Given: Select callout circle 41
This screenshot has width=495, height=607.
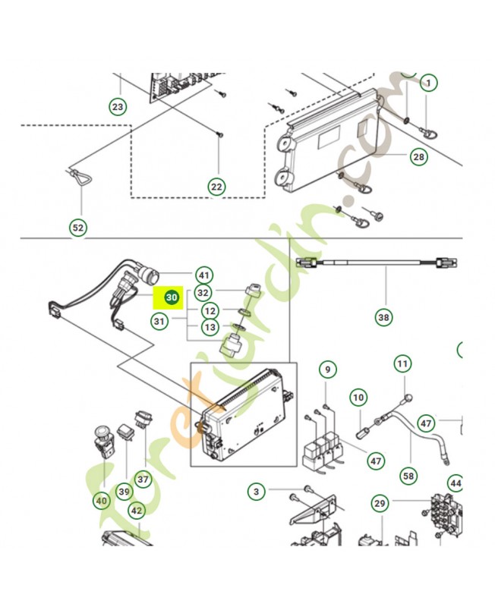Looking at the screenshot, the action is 203,275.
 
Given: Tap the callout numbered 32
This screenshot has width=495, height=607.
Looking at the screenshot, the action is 203,293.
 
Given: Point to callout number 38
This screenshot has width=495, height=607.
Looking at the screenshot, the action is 383,317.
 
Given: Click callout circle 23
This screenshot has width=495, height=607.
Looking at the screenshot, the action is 118,106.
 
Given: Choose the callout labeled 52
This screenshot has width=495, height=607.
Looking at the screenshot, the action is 78,228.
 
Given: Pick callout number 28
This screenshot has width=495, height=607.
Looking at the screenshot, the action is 418,157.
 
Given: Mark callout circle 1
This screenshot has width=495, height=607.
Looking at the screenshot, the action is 428,83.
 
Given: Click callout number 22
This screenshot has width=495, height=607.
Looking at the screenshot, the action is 216,187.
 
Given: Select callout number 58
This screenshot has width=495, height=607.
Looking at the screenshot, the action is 408,476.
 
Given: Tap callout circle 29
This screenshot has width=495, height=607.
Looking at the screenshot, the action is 380,503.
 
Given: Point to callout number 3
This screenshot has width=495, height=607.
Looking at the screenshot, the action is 256,492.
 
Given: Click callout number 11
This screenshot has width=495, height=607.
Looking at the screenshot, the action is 403,364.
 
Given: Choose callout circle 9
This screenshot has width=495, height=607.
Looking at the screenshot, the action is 328,370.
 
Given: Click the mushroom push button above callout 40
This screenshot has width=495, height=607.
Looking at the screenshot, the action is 103,441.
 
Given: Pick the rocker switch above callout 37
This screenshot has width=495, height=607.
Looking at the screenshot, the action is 143,421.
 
